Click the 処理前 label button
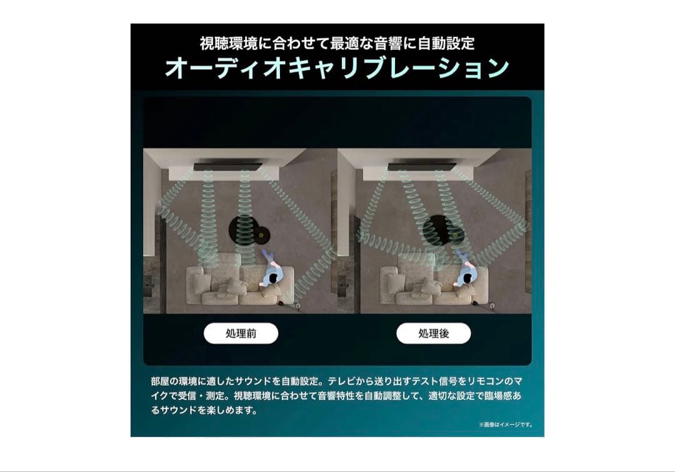[241, 333]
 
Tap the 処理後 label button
[434, 333]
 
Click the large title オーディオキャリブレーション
[337, 68]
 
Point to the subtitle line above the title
[337, 44]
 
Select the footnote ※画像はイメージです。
[506, 425]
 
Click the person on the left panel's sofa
[272, 270]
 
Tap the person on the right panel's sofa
[466, 270]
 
